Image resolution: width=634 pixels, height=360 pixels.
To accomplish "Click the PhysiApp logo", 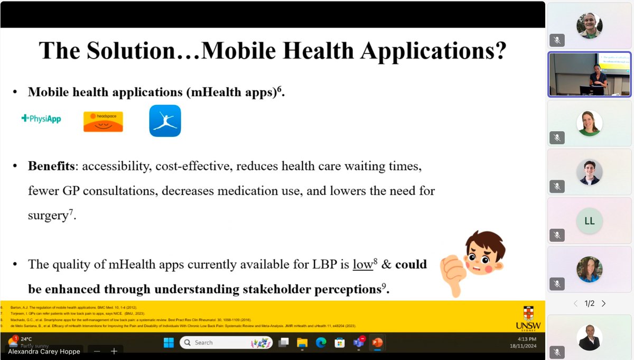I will (x=41, y=119).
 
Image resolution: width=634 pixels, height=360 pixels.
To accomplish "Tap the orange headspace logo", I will (x=103, y=121).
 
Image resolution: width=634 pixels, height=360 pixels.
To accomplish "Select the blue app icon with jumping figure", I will (x=165, y=121).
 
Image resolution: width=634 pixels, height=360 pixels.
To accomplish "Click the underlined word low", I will (x=363, y=264).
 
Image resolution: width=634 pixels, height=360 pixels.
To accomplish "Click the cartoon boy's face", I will (x=483, y=253).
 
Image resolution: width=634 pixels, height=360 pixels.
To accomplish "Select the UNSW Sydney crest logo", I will (x=527, y=317).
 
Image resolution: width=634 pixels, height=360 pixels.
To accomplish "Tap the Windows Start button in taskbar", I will (x=169, y=343).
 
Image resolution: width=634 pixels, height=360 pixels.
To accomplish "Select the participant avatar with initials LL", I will (x=590, y=221).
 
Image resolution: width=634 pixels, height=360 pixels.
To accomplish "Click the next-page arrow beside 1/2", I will (x=603, y=303).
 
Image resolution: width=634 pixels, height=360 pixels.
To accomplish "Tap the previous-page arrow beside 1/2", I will (x=576, y=303).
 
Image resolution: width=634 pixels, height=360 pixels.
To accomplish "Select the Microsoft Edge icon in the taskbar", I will (x=321, y=343).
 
